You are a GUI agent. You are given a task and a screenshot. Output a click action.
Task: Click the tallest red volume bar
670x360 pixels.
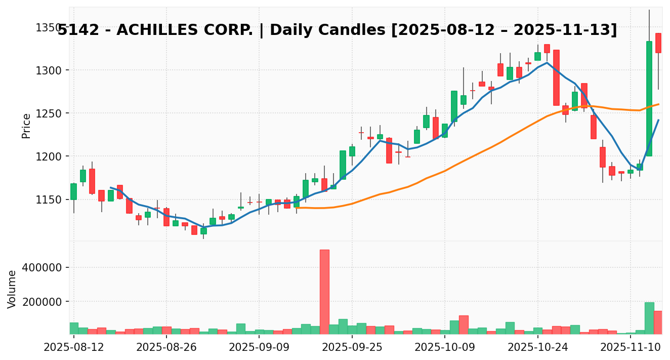tap(324, 292)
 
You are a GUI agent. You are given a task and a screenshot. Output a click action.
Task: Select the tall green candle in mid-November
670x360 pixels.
tap(649, 99)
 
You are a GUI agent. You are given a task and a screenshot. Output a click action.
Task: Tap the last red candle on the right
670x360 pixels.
tap(658, 43)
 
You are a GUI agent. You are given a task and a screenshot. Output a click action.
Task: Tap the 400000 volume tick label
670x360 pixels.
tap(46, 267)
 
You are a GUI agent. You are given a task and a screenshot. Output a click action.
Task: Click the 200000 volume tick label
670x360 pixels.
tap(46, 302)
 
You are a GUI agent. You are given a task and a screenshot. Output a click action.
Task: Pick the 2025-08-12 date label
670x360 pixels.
tap(74, 347)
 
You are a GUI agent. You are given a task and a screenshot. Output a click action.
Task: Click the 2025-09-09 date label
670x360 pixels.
tap(259, 347)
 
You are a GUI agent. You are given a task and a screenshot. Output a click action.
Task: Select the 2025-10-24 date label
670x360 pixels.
tap(538, 347)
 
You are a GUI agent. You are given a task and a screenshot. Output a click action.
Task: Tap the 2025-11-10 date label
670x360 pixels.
tap(631, 347)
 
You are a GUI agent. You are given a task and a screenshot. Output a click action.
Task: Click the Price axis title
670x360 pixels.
tap(26, 126)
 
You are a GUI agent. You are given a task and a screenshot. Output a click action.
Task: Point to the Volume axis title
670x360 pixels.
tap(12, 289)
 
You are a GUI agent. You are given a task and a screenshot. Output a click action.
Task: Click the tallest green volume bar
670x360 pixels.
tap(649, 318)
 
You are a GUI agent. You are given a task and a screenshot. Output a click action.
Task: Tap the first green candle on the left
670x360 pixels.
tap(74, 191)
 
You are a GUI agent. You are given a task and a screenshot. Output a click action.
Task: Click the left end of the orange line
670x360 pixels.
tap(295, 208)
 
